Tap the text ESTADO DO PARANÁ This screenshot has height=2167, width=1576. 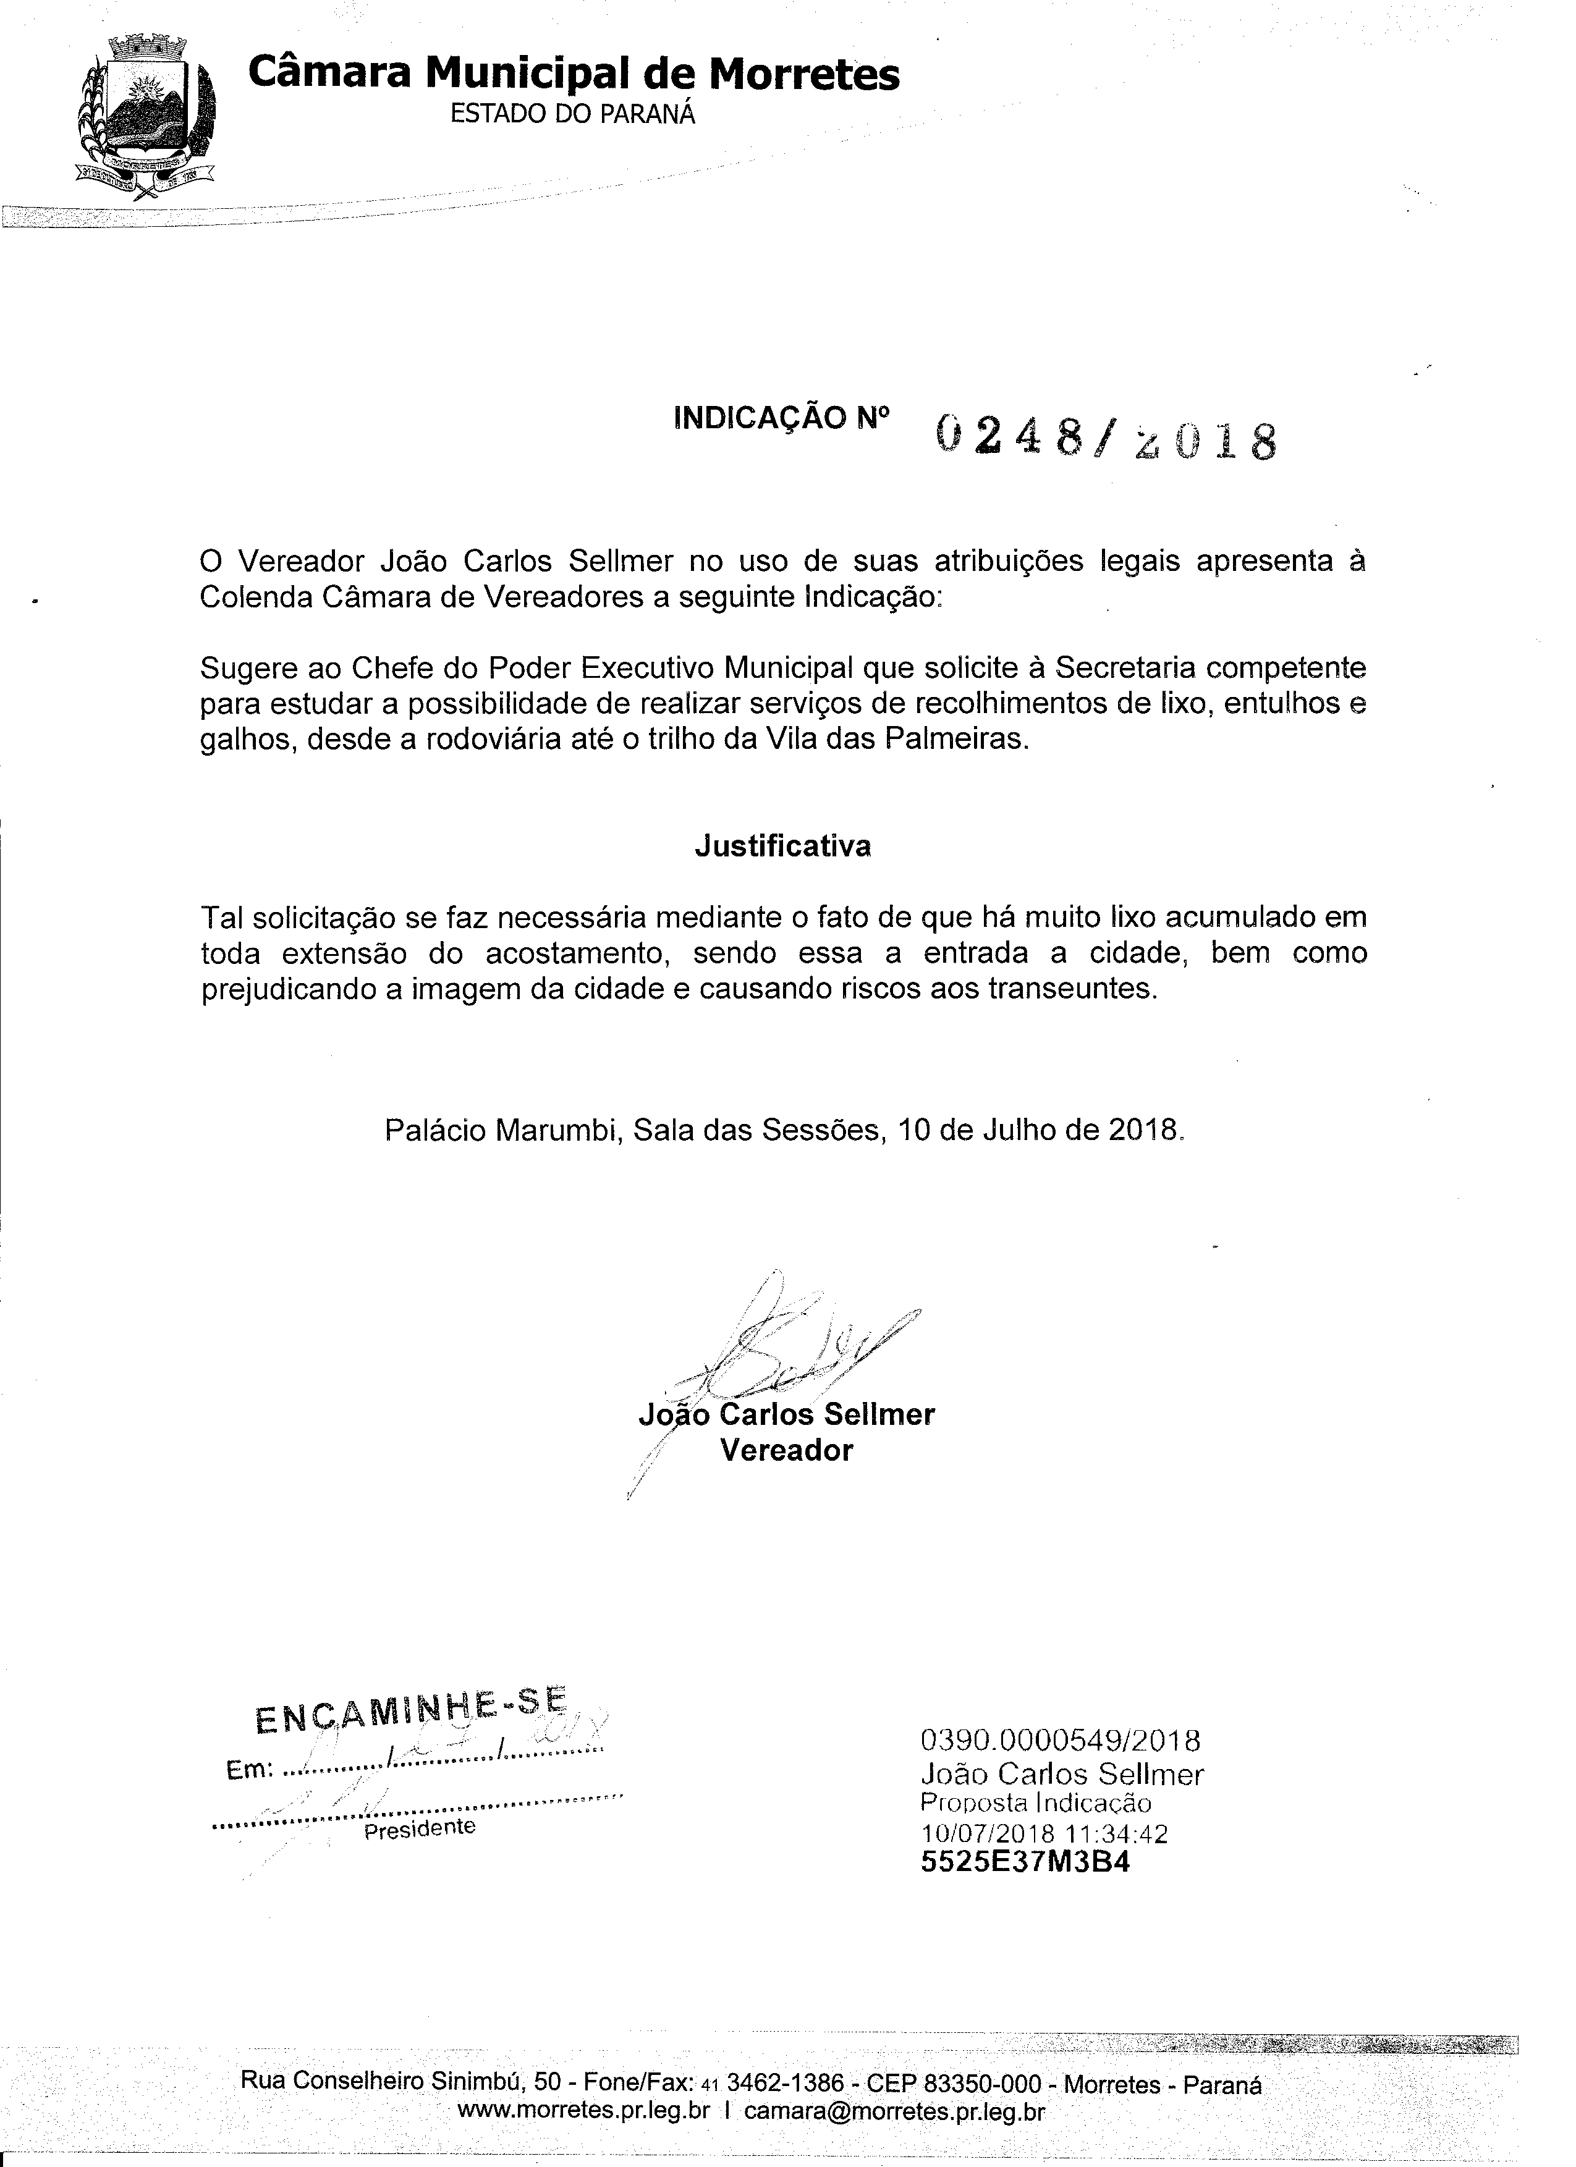click(x=572, y=115)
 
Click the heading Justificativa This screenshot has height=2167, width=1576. click(x=782, y=847)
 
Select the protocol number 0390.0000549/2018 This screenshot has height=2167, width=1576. click(x=1060, y=1740)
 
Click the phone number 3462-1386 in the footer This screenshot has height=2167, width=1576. click(x=786, y=2082)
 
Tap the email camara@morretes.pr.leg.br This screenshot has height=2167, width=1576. click(x=894, y=2111)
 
